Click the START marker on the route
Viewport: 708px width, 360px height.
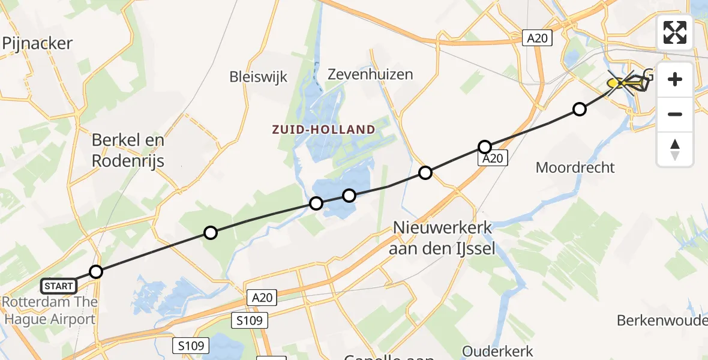(x=59, y=286)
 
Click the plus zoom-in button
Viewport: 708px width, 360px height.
(x=675, y=79)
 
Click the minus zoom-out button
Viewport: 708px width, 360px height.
(x=675, y=114)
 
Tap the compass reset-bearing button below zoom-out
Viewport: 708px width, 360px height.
(x=675, y=149)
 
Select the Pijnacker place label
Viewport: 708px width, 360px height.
(x=37, y=43)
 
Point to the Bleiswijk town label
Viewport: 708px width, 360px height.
(x=259, y=77)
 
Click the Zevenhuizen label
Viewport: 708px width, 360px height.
(x=370, y=74)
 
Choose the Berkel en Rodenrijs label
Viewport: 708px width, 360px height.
(x=128, y=150)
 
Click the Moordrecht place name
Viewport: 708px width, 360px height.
(x=575, y=167)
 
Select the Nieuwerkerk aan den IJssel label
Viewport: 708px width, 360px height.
(x=442, y=238)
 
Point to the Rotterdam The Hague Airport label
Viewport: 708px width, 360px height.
(x=49, y=310)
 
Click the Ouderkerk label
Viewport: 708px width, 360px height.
(x=497, y=350)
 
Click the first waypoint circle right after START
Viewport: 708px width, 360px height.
(x=96, y=272)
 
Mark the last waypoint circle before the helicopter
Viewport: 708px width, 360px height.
(x=579, y=109)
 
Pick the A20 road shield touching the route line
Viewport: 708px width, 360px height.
(x=493, y=158)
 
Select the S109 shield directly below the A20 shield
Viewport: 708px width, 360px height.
(x=249, y=320)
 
